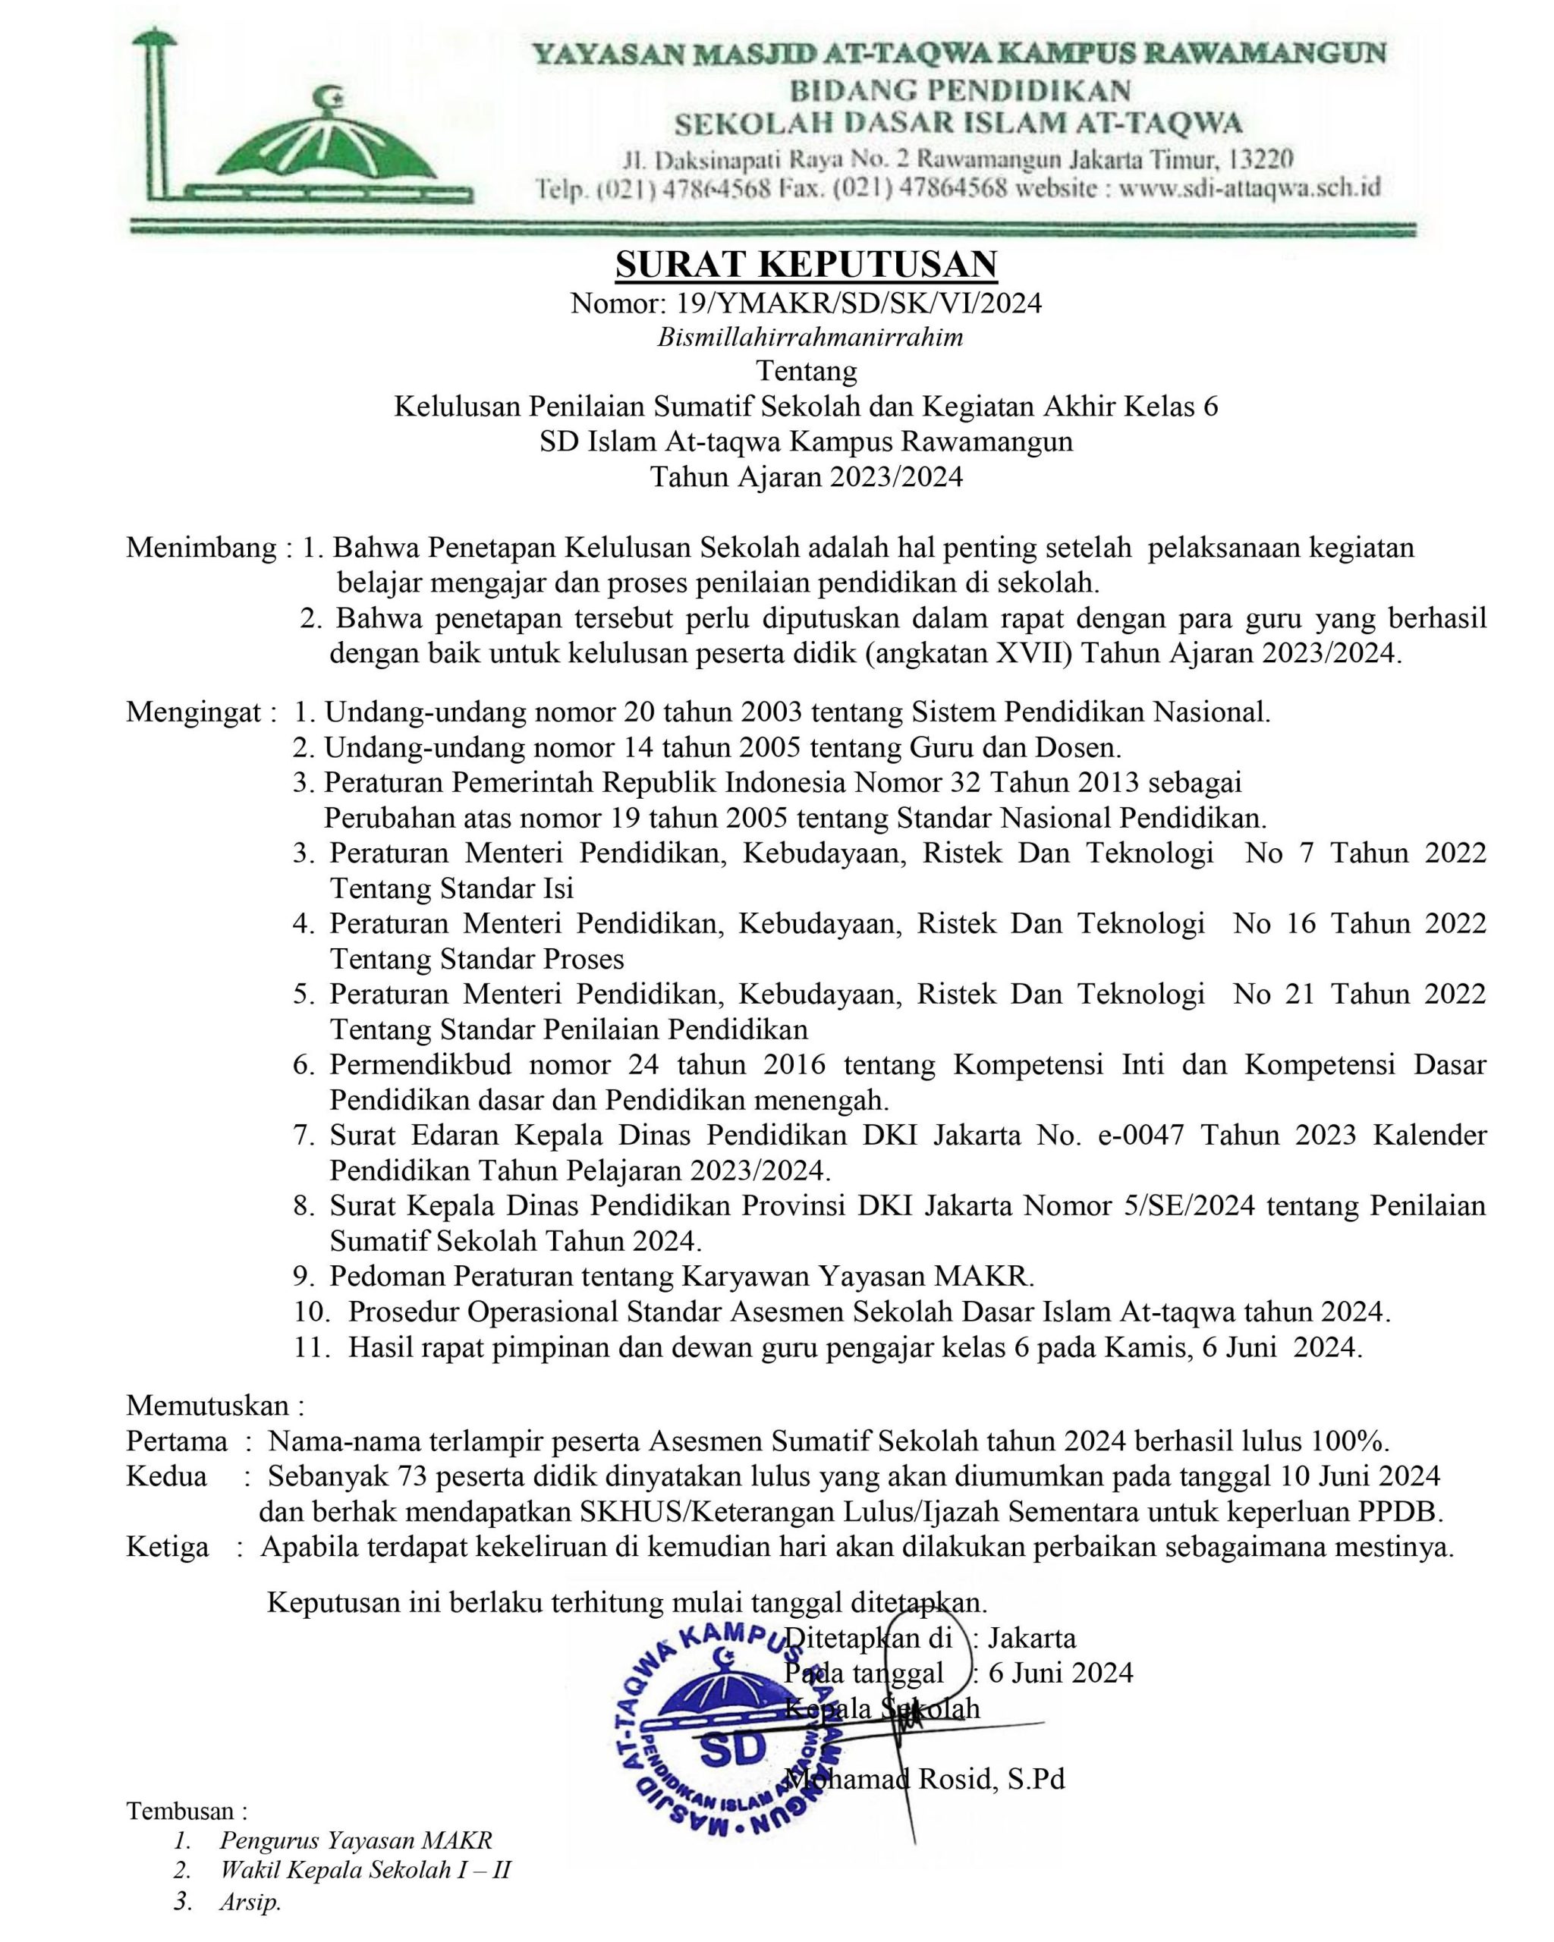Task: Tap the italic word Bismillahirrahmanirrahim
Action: click(809, 338)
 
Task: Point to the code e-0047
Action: click(1137, 1136)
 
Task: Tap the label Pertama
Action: click(177, 1441)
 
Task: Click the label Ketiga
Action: click(168, 1548)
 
